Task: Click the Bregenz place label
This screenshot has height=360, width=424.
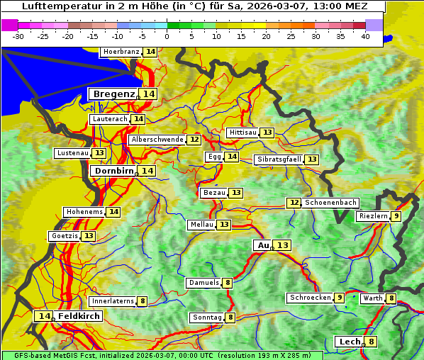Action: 113,94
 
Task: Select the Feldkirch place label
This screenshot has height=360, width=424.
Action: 79,316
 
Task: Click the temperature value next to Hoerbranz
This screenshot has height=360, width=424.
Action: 150,52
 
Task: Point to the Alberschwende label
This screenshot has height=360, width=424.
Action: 157,140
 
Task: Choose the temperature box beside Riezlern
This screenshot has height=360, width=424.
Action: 396,216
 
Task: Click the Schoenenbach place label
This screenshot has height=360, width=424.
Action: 330,203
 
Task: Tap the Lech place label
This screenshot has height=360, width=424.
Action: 350,342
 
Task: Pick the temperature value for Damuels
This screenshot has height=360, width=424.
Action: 227,283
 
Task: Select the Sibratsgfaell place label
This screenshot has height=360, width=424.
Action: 279,159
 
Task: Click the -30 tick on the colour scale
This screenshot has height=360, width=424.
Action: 18,36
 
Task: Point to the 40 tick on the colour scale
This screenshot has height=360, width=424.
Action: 365,36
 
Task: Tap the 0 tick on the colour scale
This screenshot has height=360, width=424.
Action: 167,36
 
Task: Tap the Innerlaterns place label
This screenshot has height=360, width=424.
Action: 113,301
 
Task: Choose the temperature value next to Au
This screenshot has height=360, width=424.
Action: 282,245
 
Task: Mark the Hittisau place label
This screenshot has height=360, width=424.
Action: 242,133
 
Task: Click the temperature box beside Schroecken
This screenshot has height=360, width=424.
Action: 340,298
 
